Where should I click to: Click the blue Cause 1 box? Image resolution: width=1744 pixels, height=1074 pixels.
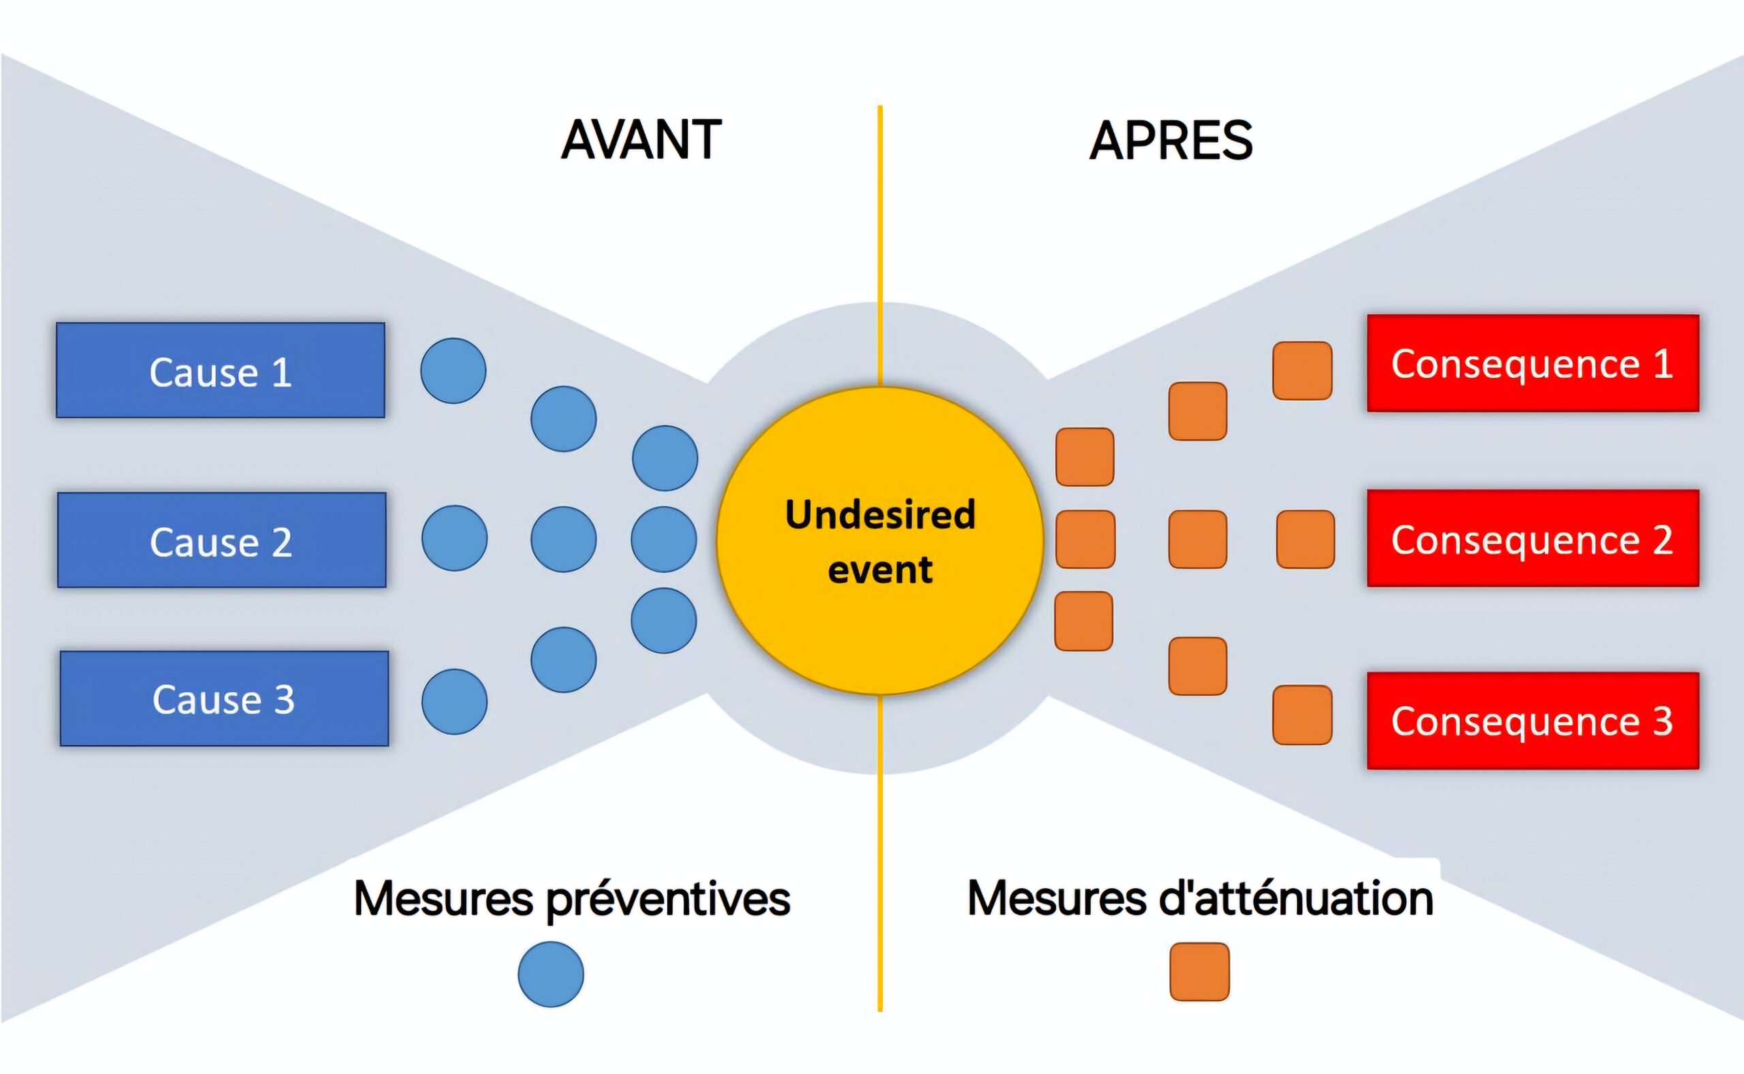pyautogui.click(x=220, y=370)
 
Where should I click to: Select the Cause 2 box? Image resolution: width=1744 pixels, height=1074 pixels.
pyautogui.click(x=221, y=540)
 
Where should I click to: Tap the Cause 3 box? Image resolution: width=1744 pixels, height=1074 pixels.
pyautogui.click(x=225, y=699)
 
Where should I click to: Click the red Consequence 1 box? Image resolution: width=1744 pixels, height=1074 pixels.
pyautogui.click(x=1533, y=363)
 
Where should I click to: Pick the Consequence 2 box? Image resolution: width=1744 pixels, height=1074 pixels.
pyautogui.click(x=1533, y=539)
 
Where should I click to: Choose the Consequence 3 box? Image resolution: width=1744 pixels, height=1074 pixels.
pyautogui.click(x=1533, y=721)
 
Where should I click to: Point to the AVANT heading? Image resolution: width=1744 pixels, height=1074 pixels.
pyautogui.click(x=642, y=140)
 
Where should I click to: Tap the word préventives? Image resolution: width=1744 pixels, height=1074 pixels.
pyautogui.click(x=668, y=899)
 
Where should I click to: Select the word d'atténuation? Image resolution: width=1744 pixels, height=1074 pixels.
pyautogui.click(x=1296, y=898)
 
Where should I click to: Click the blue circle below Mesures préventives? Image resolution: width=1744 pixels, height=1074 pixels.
pyautogui.click(x=550, y=974)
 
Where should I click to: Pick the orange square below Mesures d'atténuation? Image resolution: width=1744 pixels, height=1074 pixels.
pyautogui.click(x=1199, y=972)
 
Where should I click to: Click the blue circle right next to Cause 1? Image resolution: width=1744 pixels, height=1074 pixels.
pyautogui.click(x=453, y=370)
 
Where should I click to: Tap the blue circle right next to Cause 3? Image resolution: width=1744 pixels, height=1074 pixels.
pyautogui.click(x=454, y=701)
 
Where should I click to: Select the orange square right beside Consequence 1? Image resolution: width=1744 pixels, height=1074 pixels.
pyautogui.click(x=1302, y=370)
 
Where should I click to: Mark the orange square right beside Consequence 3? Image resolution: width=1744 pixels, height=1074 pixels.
pyautogui.click(x=1302, y=714)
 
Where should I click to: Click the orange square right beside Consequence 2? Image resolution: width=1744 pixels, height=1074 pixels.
pyautogui.click(x=1305, y=539)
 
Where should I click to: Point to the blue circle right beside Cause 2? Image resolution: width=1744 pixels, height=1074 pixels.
pyautogui.click(x=454, y=539)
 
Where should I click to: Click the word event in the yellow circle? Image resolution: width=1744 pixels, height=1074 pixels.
pyautogui.click(x=880, y=569)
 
